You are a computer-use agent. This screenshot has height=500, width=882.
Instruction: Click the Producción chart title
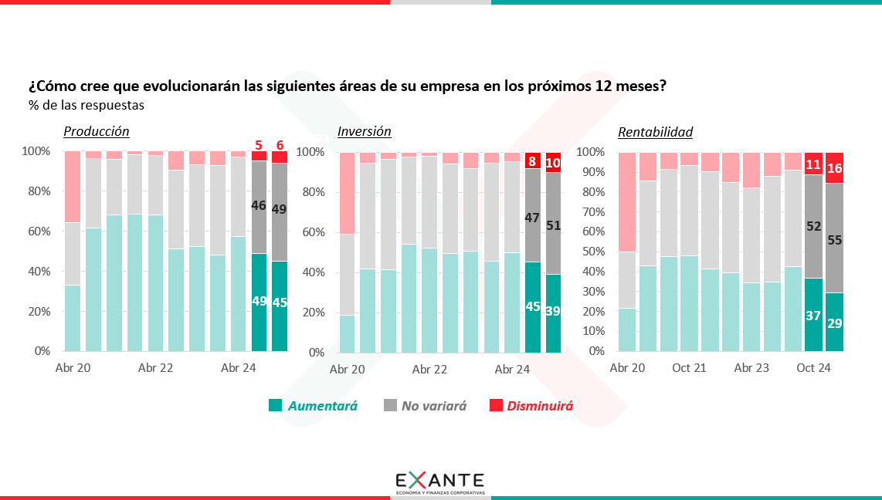pos(96,131)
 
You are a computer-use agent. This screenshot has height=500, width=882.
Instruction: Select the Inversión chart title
pos(365,131)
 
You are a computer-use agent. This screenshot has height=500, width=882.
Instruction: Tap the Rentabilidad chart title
pos(655,132)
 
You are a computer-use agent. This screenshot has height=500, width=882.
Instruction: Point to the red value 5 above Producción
pos(259,144)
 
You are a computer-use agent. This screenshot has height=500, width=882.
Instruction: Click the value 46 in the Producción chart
pos(259,206)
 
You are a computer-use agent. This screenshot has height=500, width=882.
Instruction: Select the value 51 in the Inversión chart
pos(553,226)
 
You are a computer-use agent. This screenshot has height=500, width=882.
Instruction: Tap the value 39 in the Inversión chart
pos(553,311)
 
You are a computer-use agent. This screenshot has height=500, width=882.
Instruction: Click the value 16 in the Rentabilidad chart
pos(834,168)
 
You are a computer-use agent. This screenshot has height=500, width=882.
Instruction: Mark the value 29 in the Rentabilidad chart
pos(834,323)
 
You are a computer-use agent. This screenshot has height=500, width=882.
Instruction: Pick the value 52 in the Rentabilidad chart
pos(813,226)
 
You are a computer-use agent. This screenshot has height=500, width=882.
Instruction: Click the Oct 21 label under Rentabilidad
pos(689,368)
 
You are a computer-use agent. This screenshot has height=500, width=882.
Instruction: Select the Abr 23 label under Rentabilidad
pos(751,368)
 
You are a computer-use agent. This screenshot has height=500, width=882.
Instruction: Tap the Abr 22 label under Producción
pos(155,368)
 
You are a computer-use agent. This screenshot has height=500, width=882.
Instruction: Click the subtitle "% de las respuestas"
pos(87,104)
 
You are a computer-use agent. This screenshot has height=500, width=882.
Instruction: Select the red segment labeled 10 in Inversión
pos(553,163)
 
